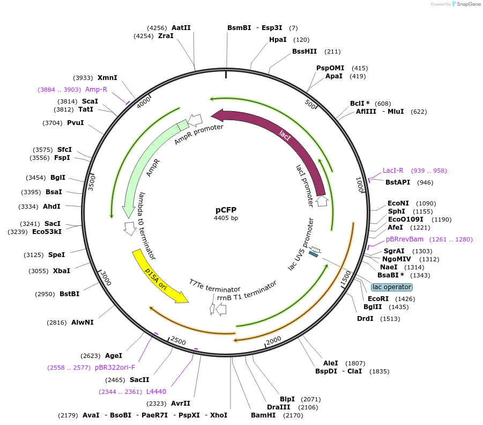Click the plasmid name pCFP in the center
226,210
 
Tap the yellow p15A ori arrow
159,276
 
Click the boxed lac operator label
391,287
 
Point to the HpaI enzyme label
278,40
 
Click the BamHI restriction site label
263,415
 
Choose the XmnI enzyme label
107,77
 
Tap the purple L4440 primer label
157,392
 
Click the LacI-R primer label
393,171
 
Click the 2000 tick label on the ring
273,340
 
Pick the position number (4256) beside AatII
157,27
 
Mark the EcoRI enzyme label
378,298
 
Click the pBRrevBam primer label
405,239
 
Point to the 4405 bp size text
226,218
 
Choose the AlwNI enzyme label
83,323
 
